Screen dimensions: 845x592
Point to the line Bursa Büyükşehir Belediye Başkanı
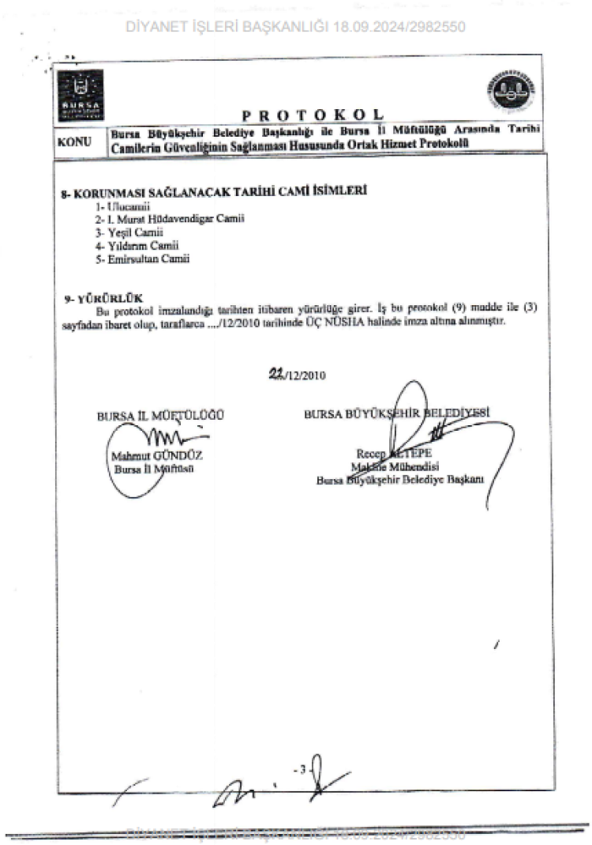point(400,479)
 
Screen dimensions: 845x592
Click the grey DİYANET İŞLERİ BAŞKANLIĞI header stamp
point(295,26)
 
